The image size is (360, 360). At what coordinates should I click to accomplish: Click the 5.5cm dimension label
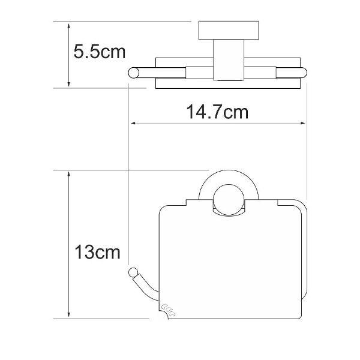(100, 52)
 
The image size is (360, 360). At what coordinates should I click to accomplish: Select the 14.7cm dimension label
(217, 112)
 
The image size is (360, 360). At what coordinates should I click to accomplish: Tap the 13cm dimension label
(98, 252)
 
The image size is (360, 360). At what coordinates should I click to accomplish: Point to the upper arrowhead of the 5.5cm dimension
(68, 26)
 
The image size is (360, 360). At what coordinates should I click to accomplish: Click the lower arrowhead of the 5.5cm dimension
(68, 84)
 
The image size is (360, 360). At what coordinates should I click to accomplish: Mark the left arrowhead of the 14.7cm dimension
(134, 123)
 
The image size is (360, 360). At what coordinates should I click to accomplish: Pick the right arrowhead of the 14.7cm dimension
(303, 123)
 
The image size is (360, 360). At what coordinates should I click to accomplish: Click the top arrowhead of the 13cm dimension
(68, 174)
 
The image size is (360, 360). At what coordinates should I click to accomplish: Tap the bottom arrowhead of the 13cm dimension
(68, 315)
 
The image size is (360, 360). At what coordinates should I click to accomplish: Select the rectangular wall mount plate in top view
(229, 31)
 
